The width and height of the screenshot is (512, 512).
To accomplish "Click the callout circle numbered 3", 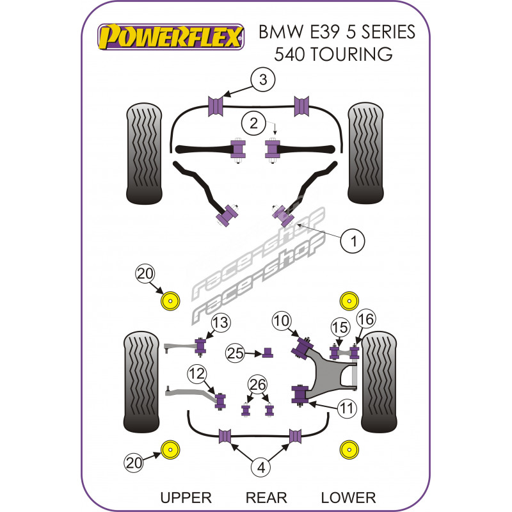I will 262,81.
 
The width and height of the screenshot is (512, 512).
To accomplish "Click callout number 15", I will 339,327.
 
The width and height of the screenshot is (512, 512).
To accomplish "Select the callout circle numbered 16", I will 365,319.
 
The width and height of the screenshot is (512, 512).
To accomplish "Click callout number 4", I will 261,468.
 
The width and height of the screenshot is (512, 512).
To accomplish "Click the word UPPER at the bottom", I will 186,497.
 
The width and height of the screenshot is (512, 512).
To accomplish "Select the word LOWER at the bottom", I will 348,497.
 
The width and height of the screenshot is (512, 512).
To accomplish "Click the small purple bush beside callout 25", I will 269,351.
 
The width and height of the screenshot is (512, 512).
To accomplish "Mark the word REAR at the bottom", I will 266,497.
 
